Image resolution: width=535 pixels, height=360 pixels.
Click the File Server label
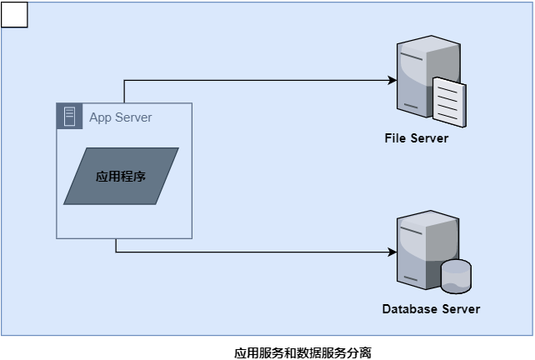pyautogui.click(x=417, y=138)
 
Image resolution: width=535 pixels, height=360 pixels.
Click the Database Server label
pyautogui.click(x=431, y=309)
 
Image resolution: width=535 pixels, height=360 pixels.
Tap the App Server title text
pyautogui.click(x=121, y=117)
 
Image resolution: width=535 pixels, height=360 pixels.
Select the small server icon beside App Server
pyautogui.click(x=69, y=117)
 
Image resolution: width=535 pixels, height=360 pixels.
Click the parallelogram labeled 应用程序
pyautogui.click(x=121, y=176)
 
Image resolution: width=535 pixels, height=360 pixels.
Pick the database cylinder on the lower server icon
pyautogui.click(x=456, y=276)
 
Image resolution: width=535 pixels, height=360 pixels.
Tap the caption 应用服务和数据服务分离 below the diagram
pyautogui.click(x=302, y=352)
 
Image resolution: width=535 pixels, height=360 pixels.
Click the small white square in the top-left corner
pyautogui.click(x=14, y=14)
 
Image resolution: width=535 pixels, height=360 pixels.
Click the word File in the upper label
pyautogui.click(x=395, y=138)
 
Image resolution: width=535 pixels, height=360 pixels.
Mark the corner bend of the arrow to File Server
pyautogui.click(x=124, y=81)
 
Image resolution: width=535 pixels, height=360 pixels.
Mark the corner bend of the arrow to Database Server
pyautogui.click(x=116, y=251)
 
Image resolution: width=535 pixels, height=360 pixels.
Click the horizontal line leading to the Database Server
pyautogui.click(x=250, y=251)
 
